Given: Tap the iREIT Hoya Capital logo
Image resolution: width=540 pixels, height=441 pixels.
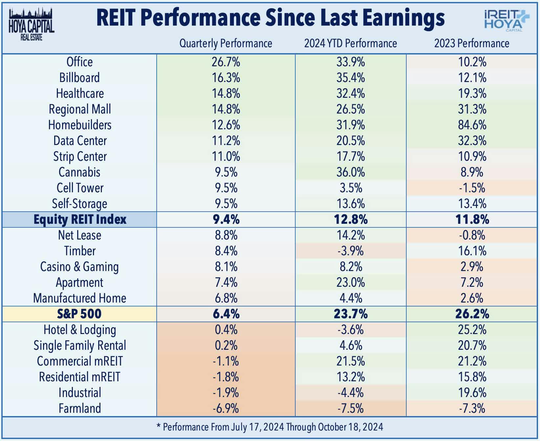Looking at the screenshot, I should click(x=506, y=21).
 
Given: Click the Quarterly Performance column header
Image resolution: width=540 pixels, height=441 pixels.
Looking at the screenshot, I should click(x=226, y=43).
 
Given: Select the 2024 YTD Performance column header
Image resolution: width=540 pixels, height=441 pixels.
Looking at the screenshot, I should click(x=350, y=43).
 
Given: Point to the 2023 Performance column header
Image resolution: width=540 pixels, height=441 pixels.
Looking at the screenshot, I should click(x=472, y=43).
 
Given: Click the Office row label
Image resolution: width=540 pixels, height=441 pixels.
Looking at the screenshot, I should click(x=79, y=62).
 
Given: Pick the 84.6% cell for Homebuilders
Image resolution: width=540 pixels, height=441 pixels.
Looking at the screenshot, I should click(x=472, y=125).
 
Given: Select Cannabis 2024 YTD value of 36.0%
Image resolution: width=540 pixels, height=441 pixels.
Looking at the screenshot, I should click(x=350, y=172).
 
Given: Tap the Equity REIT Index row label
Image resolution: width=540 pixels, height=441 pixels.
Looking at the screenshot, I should click(x=80, y=220).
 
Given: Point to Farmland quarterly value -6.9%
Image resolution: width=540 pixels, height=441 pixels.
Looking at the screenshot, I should click(x=226, y=409).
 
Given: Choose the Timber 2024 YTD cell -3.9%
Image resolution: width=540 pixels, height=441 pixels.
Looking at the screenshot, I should click(x=350, y=251).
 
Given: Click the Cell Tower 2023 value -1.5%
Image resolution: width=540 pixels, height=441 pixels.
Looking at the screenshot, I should click(x=472, y=188).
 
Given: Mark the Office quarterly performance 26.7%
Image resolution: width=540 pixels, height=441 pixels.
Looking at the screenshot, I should click(x=226, y=62).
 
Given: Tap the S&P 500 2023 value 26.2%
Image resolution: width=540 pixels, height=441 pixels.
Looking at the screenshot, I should click(x=472, y=314).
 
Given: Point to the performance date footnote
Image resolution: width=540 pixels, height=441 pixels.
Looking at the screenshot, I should click(x=270, y=427).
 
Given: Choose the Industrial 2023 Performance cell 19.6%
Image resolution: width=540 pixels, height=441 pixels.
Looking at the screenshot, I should click(x=472, y=393).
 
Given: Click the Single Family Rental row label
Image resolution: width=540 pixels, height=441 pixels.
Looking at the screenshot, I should click(x=79, y=346).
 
